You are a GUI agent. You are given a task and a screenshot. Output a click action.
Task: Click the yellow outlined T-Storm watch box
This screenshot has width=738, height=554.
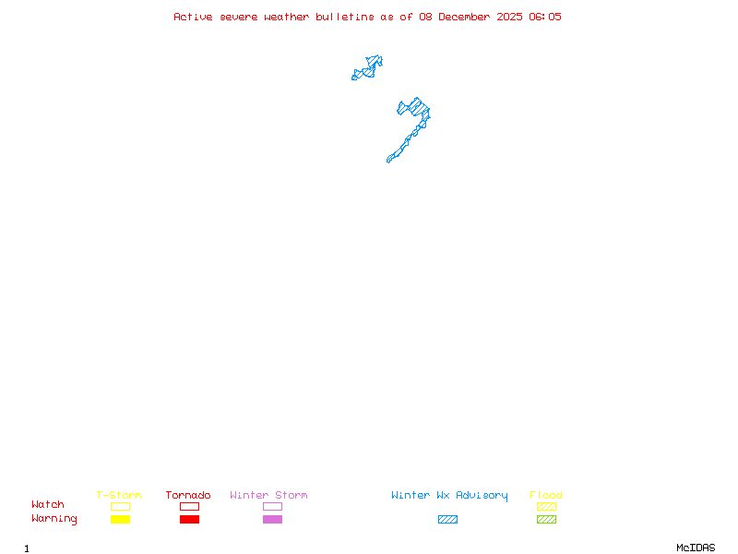120,506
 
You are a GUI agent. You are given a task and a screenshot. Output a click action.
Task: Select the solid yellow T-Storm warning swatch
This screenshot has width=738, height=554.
120,519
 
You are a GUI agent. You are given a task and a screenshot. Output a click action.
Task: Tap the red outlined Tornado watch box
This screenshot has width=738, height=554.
189,506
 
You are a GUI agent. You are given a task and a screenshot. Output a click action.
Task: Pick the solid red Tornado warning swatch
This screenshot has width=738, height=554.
189,519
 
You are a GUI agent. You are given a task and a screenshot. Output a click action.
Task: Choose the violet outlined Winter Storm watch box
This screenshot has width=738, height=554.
272,506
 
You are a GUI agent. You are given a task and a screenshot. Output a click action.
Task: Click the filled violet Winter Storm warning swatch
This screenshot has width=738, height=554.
272,519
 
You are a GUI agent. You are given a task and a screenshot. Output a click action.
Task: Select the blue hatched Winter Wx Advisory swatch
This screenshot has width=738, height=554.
447,519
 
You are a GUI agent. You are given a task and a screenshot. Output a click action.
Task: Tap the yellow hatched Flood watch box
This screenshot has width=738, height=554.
546,506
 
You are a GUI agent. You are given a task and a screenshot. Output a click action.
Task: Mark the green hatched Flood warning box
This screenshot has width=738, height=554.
546,519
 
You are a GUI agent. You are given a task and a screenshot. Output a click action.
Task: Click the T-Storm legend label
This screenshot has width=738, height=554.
119,495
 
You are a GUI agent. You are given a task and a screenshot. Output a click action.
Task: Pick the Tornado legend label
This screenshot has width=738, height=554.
188,495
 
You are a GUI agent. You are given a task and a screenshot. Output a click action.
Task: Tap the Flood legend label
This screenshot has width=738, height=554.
546,495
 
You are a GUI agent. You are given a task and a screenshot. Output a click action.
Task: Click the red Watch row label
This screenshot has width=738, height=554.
48,504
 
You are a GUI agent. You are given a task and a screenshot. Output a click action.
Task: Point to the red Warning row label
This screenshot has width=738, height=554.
54,519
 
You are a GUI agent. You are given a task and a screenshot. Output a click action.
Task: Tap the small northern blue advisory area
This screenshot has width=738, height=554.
369,67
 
